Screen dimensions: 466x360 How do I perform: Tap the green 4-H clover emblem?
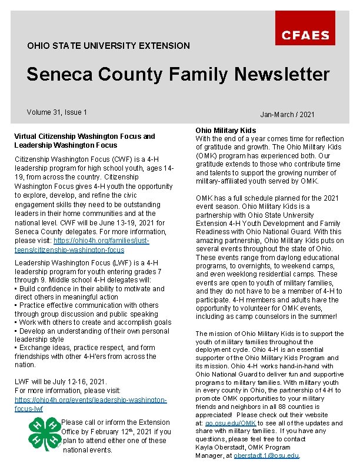pos(44,434)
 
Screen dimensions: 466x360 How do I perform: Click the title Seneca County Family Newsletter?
pos(178,75)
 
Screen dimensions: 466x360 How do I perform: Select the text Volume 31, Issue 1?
pos(56,112)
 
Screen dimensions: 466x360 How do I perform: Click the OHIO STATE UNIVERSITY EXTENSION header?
pos(108,45)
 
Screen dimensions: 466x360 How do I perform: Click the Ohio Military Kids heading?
pos(226,130)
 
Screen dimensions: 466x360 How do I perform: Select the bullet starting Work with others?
pos(93,322)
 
